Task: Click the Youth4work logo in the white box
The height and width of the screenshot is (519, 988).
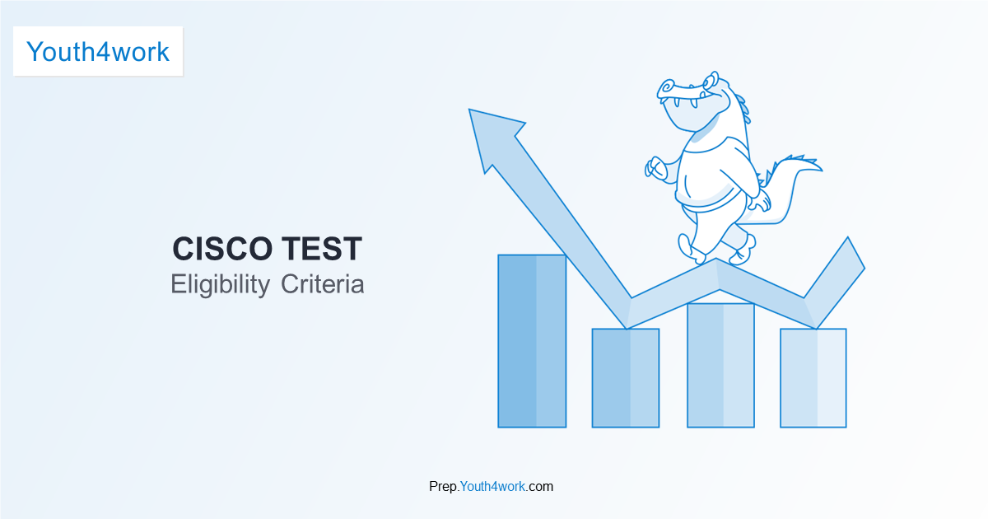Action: coord(98,52)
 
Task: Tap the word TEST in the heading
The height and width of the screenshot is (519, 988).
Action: coord(322,249)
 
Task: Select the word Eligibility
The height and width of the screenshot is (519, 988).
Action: coord(220,285)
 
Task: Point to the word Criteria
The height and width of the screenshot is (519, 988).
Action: coord(323,284)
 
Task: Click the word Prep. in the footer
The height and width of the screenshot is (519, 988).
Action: coord(444,487)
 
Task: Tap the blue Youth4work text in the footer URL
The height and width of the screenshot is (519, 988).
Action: coord(492,486)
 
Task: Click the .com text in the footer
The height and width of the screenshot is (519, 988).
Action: coord(539,486)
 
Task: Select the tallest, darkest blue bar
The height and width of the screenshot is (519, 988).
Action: coord(532,341)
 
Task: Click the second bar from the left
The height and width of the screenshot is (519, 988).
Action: coord(626,378)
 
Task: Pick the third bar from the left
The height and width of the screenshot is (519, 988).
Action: coord(720,366)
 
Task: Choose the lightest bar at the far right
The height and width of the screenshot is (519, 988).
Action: coord(813,378)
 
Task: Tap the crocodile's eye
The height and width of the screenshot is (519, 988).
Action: coord(709,82)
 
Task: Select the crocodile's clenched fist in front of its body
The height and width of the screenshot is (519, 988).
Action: coord(655,168)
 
